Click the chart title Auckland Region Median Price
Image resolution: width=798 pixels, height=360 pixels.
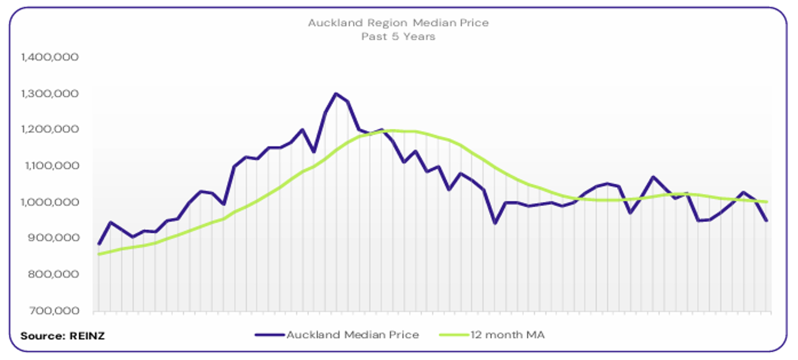click(398, 23)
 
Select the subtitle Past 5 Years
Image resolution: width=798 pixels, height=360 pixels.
click(398, 37)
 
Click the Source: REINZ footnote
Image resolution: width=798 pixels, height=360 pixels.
click(62, 336)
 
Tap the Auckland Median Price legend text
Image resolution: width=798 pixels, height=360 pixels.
click(353, 335)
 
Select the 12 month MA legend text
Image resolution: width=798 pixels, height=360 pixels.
click(508, 335)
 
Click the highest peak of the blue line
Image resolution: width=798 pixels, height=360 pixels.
click(336, 94)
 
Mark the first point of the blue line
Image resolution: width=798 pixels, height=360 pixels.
click(99, 244)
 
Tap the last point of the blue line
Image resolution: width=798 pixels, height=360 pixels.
click(767, 221)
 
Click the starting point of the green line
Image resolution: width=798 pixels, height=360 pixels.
click(99, 254)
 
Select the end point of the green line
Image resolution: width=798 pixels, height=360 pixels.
click(767, 202)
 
